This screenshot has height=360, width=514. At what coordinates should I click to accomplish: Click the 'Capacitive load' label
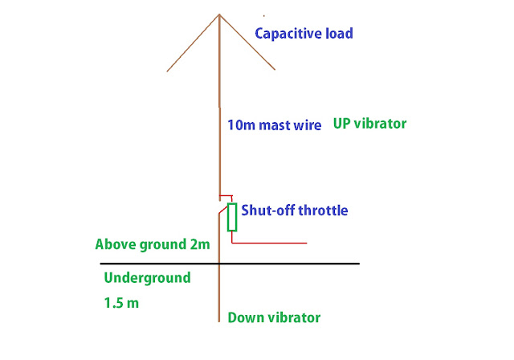click(x=304, y=34)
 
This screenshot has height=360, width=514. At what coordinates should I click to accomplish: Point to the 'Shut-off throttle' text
click(x=295, y=211)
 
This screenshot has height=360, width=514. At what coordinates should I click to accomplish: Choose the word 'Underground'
click(x=147, y=278)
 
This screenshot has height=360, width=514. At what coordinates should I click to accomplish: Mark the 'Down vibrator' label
click(x=274, y=317)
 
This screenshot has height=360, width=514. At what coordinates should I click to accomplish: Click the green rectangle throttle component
click(x=231, y=217)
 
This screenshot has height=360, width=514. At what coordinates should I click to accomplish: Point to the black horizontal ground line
click(x=305, y=264)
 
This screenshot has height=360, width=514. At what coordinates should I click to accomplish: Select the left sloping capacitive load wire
click(x=193, y=43)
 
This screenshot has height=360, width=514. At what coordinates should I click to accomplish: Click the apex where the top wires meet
click(x=219, y=14)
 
